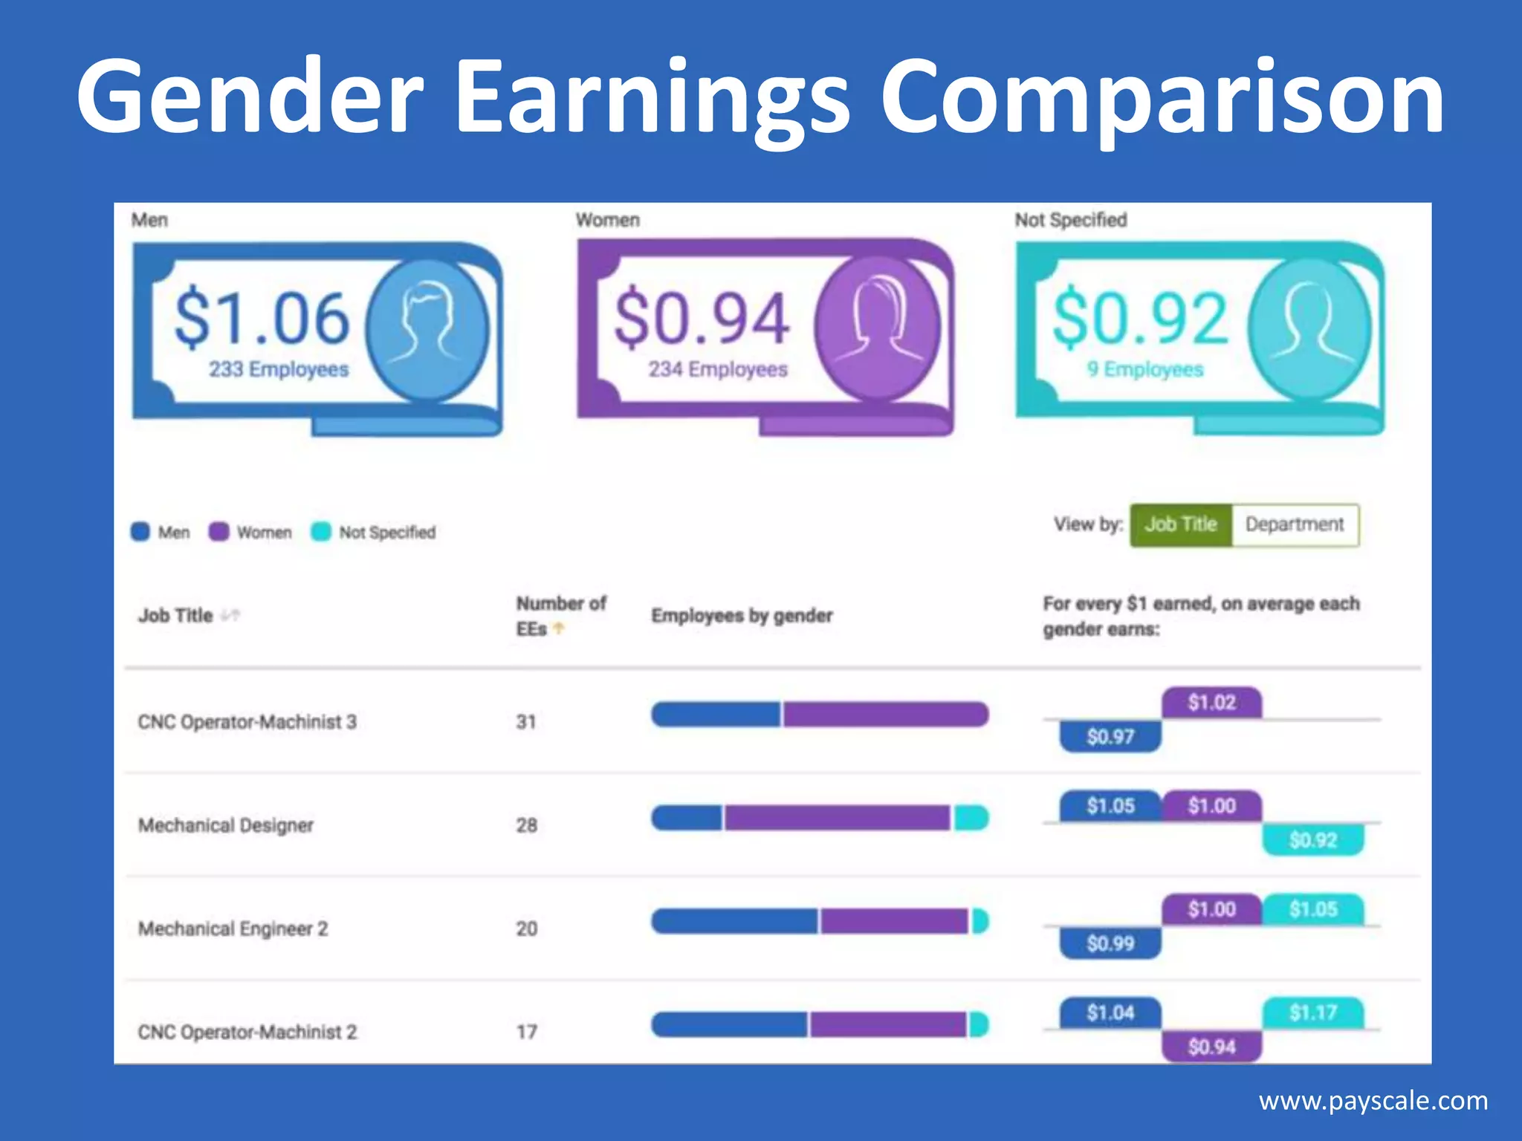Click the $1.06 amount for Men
[x=262, y=319]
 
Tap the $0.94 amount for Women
[x=701, y=319]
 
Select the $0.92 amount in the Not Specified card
[x=1140, y=319]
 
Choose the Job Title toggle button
[x=1181, y=525]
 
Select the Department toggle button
[x=1295, y=525]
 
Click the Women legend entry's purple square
[x=218, y=532]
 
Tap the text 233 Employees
[x=279, y=369]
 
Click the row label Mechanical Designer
[x=226, y=825]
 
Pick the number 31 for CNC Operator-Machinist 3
[x=526, y=722]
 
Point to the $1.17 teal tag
[x=1313, y=1012]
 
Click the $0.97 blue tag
[x=1110, y=737]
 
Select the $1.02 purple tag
[x=1211, y=703]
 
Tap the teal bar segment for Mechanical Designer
[x=971, y=819]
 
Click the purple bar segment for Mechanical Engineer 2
[x=893, y=922]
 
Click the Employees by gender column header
[x=742, y=616]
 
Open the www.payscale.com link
[x=1373, y=1101]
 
